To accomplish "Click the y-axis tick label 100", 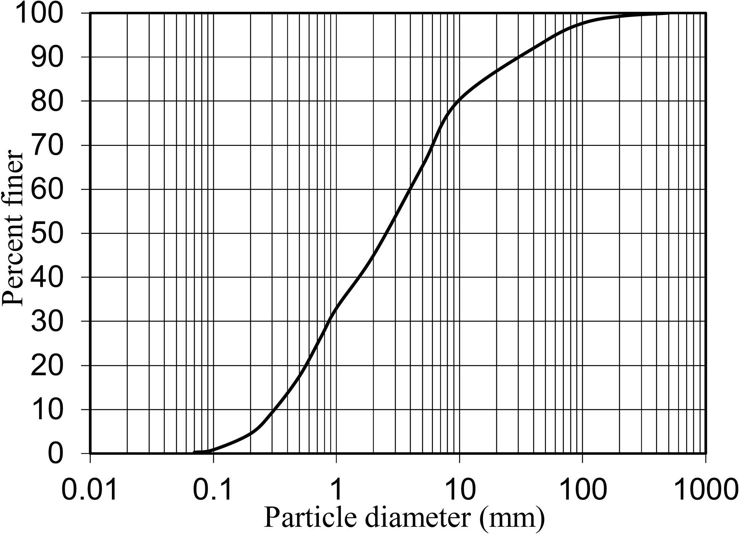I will pyautogui.click(x=44, y=14).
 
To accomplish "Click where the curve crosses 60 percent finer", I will pyautogui.click(x=410, y=189).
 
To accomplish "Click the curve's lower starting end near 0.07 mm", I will pyautogui.click(x=195, y=453).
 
